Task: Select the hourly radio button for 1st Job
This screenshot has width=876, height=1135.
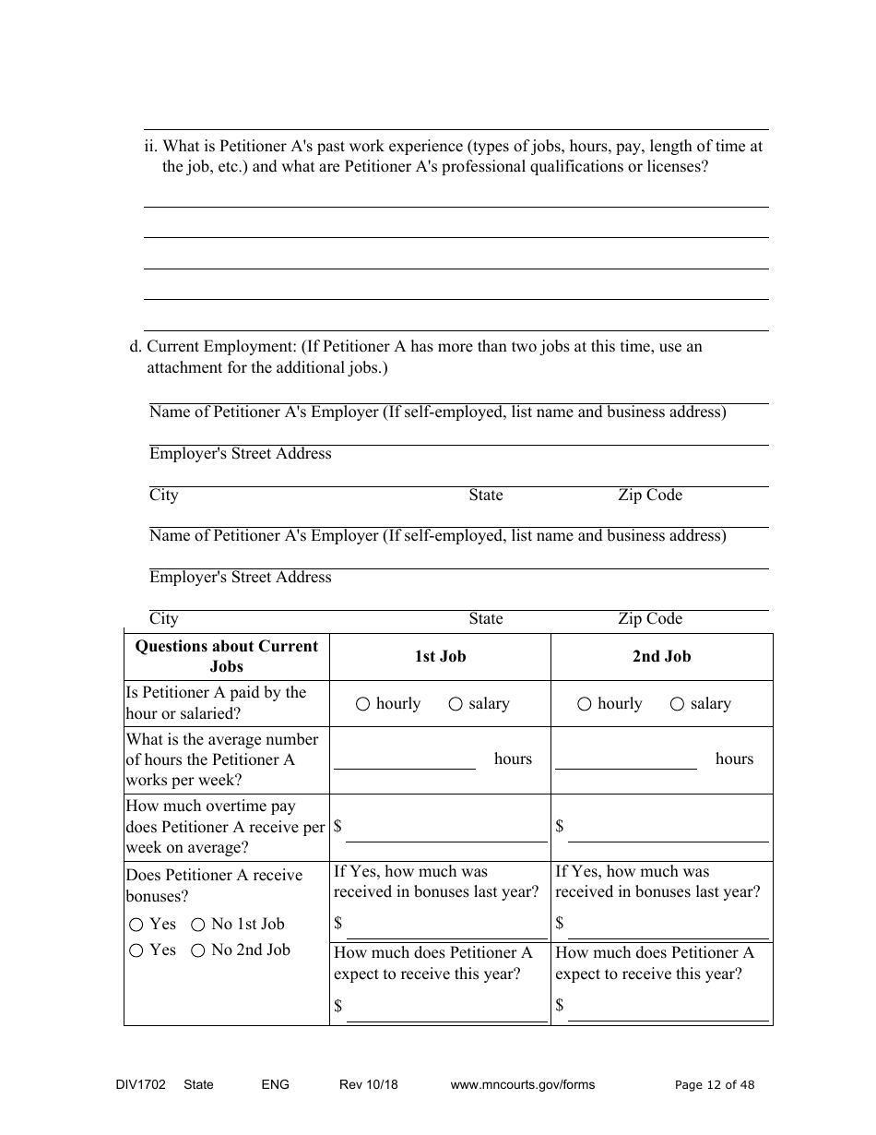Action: pyautogui.click(x=362, y=705)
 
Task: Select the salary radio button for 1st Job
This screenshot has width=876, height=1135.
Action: pyautogui.click(x=456, y=705)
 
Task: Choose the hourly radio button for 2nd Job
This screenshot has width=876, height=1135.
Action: pyautogui.click(x=585, y=705)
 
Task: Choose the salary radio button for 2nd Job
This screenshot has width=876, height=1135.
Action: pyautogui.click(x=677, y=705)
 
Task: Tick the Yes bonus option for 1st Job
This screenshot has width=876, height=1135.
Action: pyautogui.click(x=136, y=925)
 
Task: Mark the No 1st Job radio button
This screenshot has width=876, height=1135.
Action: pyautogui.click(x=197, y=925)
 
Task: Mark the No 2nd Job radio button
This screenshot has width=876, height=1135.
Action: pyautogui.click(x=197, y=950)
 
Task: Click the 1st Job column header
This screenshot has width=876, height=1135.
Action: pyautogui.click(x=440, y=657)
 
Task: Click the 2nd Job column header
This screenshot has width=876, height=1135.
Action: pyautogui.click(x=661, y=657)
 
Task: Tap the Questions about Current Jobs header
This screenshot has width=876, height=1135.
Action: pyautogui.click(x=226, y=656)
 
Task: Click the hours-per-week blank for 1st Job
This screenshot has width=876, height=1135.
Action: pyautogui.click(x=404, y=760)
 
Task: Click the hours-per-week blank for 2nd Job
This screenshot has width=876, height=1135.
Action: pyautogui.click(x=625, y=760)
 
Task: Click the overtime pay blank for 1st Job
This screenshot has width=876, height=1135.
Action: pyautogui.click(x=446, y=831)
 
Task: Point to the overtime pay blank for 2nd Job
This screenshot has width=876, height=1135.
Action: pyautogui.click(x=668, y=831)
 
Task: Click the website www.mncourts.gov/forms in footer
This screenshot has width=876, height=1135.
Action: pyautogui.click(x=522, y=1085)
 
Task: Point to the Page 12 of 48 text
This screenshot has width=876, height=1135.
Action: pyautogui.click(x=715, y=1085)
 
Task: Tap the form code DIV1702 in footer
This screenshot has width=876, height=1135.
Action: pyautogui.click(x=135, y=1085)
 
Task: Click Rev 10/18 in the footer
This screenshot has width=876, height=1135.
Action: pyautogui.click(x=369, y=1085)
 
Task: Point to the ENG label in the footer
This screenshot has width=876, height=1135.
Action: pyautogui.click(x=275, y=1085)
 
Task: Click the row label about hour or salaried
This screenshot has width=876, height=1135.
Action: pyautogui.click(x=217, y=703)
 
